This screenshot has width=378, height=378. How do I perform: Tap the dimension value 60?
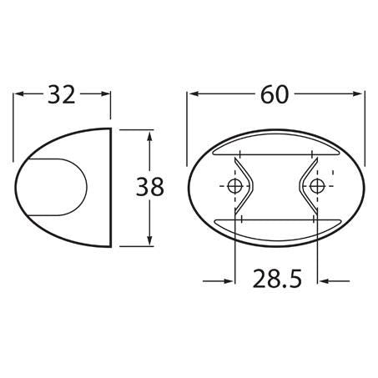click(276, 95)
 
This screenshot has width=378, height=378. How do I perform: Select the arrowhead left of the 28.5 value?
click(229, 280)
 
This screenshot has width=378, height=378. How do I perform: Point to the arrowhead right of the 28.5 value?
click(321, 280)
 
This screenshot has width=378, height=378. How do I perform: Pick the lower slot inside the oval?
click(275, 223)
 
